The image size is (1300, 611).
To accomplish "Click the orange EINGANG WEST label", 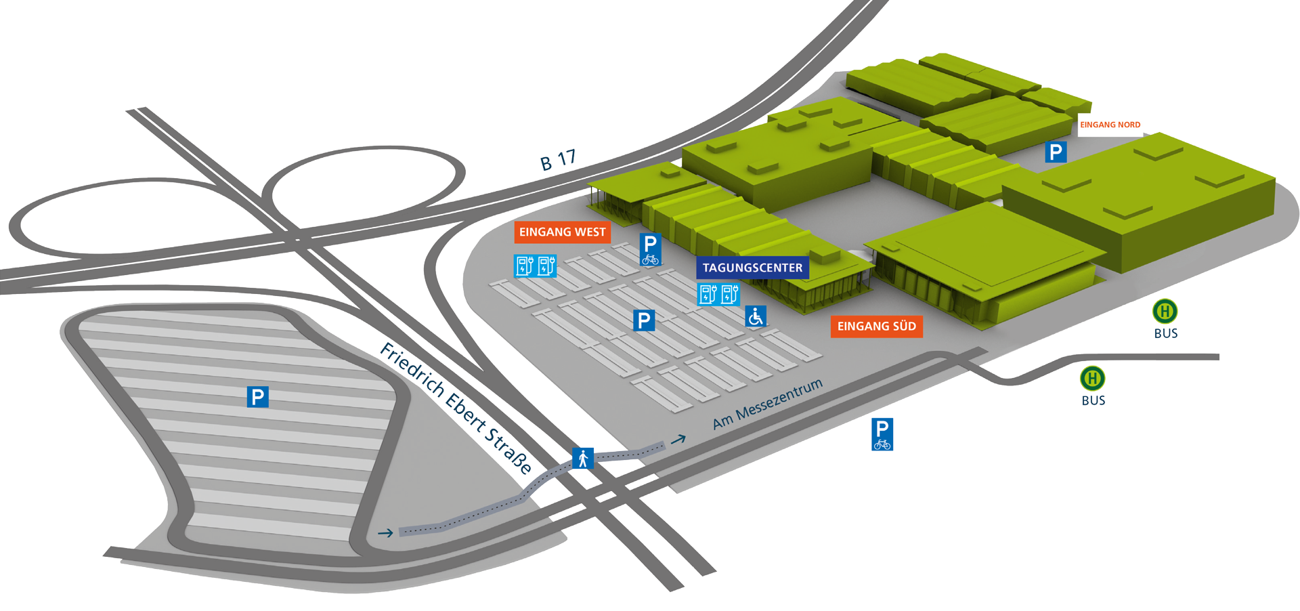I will [562, 232].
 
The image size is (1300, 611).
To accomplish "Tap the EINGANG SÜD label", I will [876, 326].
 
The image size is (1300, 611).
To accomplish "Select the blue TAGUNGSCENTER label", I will [752, 268].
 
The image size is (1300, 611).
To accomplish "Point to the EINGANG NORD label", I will [1110, 125].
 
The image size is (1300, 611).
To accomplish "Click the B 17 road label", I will [558, 161].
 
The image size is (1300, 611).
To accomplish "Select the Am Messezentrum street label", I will [767, 404].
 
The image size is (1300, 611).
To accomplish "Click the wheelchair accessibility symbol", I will [756, 316].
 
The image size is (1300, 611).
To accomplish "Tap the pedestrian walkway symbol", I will [582, 459].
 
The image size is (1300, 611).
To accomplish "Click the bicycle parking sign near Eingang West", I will [650, 249].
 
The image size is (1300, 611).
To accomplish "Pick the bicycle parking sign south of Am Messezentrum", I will [882, 434].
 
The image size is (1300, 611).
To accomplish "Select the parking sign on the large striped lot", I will [257, 396].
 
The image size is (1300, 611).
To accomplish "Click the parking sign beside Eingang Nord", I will [1055, 152].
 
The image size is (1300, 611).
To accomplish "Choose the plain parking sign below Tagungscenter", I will [643, 320].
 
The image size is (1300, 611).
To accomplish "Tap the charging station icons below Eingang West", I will [535, 266].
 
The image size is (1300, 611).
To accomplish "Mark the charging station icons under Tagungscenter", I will [718, 295].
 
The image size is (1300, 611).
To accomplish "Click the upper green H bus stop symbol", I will [1165, 312].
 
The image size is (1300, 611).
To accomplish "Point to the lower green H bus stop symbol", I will [1092, 378].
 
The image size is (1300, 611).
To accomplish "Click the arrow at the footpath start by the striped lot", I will [385, 533].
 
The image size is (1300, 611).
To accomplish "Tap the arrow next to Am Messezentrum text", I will [678, 440].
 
